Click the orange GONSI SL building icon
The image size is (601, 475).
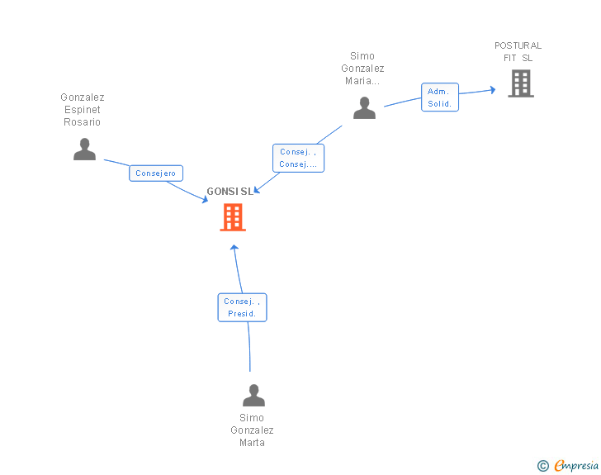[233, 217]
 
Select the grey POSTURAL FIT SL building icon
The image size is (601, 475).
[521, 83]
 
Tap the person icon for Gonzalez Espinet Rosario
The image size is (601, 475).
[84, 149]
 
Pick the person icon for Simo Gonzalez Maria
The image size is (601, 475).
[364, 108]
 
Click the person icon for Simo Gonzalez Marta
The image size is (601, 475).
[253, 395]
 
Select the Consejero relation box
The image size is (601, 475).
[156, 173]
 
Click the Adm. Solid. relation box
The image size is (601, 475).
[440, 97]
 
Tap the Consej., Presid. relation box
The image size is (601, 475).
[242, 307]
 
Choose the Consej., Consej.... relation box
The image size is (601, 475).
[298, 158]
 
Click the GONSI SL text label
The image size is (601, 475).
[230, 192]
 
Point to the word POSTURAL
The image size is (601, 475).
[518, 45]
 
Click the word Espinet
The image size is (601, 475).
[83, 110]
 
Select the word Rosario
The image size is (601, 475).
[82, 122]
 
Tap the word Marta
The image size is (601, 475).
[252, 443]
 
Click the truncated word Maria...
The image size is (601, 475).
[362, 81]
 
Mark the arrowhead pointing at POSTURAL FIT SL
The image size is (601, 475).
[493, 90]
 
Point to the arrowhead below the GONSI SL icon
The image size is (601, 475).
[234, 248]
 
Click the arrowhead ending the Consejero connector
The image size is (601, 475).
[205, 200]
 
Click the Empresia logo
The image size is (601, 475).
[576, 465]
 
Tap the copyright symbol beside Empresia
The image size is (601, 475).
[542, 466]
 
